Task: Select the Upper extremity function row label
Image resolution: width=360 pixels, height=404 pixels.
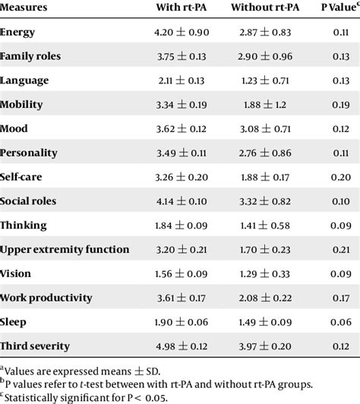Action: click(x=65, y=250)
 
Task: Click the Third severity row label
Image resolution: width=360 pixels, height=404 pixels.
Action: click(x=36, y=346)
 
